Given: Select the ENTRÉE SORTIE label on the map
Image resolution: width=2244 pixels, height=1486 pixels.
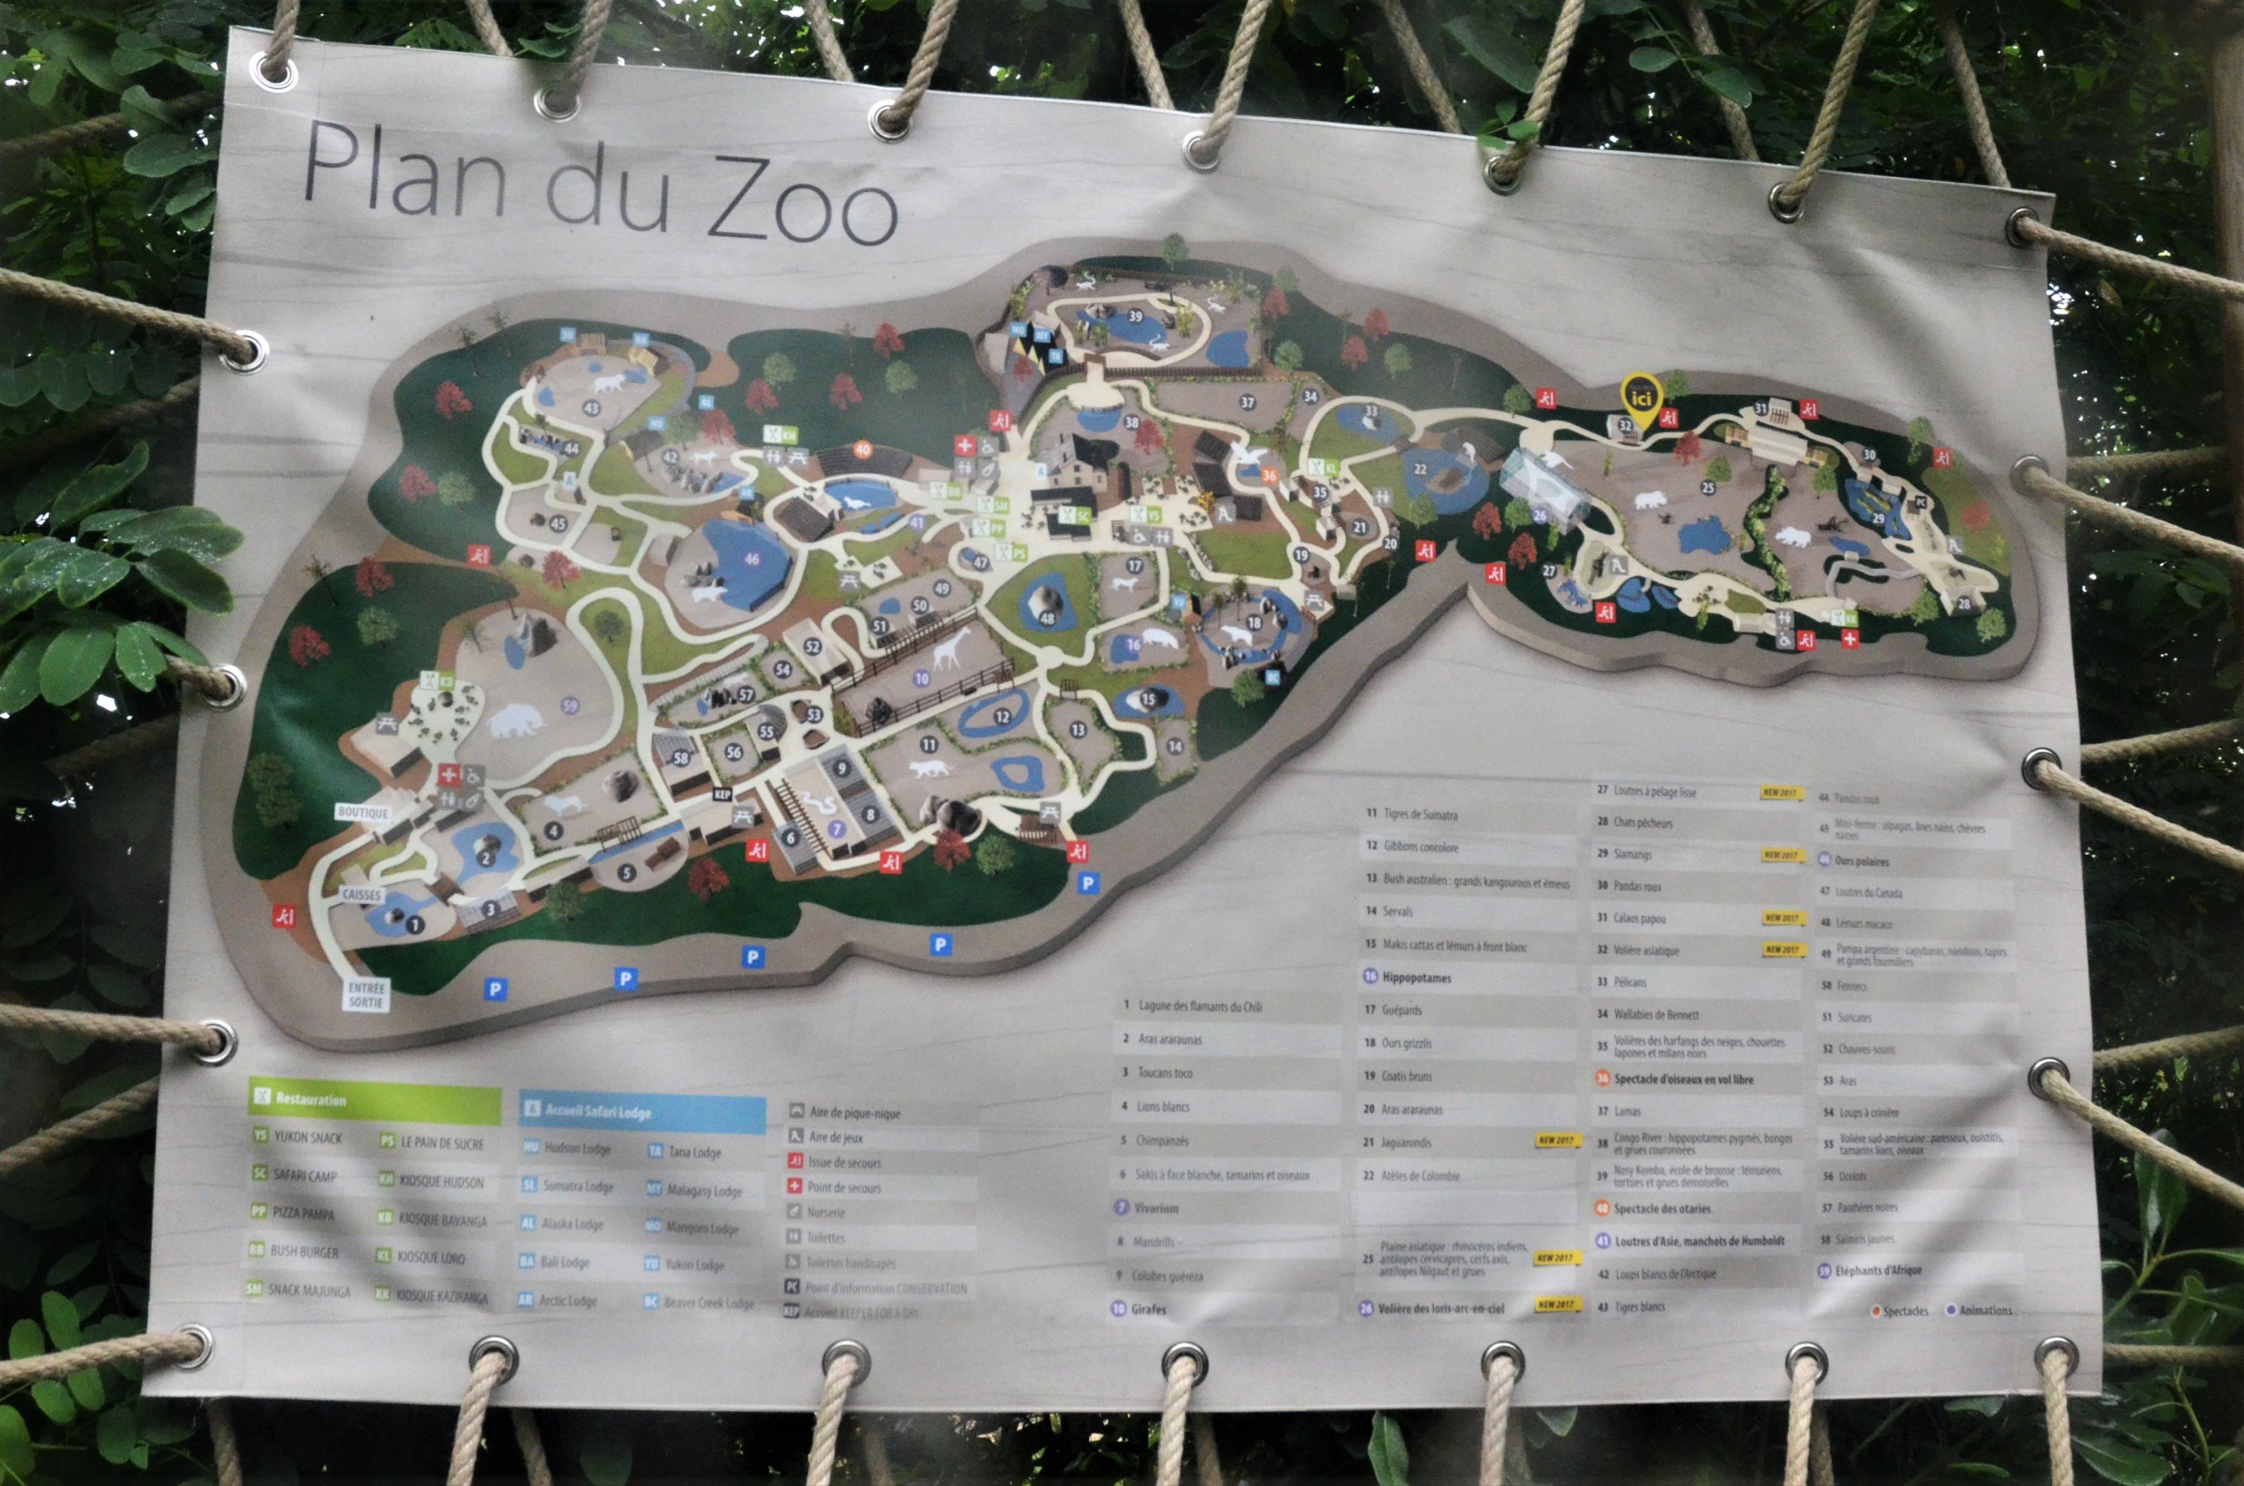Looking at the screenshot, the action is pyautogui.click(x=366, y=995).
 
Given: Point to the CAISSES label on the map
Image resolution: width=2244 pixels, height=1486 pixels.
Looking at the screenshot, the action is pyautogui.click(x=361, y=894).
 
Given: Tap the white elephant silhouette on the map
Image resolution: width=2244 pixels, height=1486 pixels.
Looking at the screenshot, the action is pyautogui.click(x=515, y=720).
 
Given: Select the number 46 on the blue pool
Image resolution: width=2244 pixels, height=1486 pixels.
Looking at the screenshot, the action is pyautogui.click(x=752, y=559).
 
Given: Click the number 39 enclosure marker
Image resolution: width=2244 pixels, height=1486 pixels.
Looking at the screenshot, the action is pyautogui.click(x=1135, y=316).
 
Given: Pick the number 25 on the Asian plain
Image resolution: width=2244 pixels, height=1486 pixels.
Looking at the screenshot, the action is pyautogui.click(x=1707, y=488).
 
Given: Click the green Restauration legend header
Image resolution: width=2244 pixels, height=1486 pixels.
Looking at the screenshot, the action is pyautogui.click(x=374, y=1099).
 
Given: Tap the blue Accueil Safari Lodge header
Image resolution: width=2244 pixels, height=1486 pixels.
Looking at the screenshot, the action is pyautogui.click(x=642, y=1112).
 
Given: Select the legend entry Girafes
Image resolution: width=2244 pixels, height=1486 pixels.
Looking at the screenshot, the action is pyautogui.click(x=1148, y=1309).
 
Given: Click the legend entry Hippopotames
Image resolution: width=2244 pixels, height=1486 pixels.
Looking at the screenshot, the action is pyautogui.click(x=1416, y=977).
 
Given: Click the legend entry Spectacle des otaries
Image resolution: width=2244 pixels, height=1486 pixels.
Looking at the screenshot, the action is pyautogui.click(x=1661, y=1208).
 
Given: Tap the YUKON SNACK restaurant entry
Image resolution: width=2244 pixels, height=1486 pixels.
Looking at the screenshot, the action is pyautogui.click(x=307, y=1137).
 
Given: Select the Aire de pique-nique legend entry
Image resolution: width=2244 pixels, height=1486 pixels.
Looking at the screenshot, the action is pyautogui.click(x=854, y=1112).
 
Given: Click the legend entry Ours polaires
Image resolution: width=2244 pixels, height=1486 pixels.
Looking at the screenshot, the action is pyautogui.click(x=1861, y=861).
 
